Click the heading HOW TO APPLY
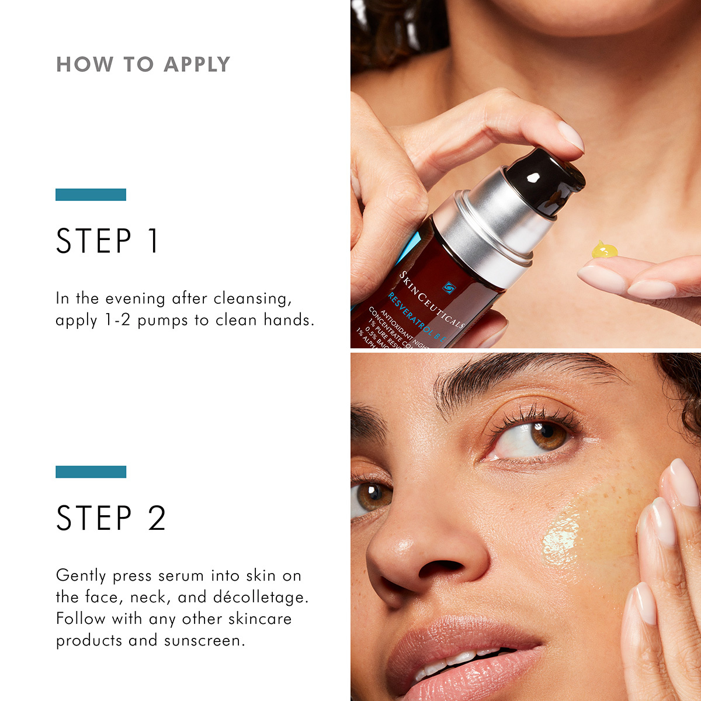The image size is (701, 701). pyautogui.click(x=143, y=64)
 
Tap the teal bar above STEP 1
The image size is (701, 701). pyautogui.click(x=91, y=195)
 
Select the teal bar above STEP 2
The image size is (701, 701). pyautogui.click(x=91, y=472)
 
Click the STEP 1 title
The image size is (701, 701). pyautogui.click(x=107, y=241)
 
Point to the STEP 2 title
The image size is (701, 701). pyautogui.click(x=111, y=518)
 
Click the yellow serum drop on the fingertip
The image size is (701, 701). pyautogui.click(x=604, y=251)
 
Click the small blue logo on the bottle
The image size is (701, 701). pyautogui.click(x=449, y=287)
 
